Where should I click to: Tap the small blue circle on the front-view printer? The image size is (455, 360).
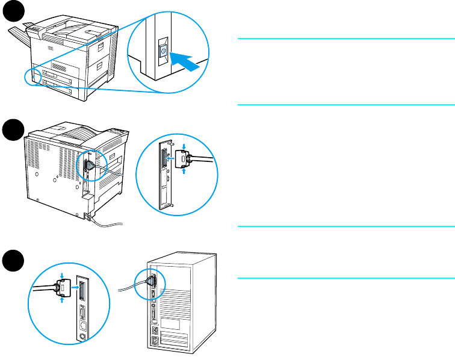pyautogui.click(x=34, y=75)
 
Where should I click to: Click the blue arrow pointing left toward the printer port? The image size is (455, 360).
pyautogui.click(x=172, y=160)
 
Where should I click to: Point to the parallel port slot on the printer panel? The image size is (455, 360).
pyautogui.click(x=162, y=160)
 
